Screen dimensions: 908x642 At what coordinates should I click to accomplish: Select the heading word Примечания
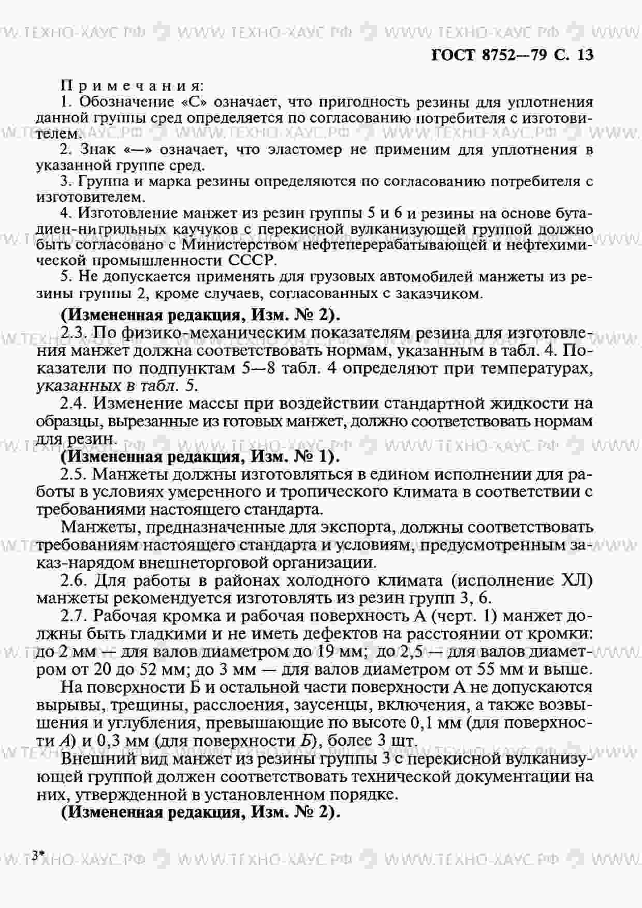pyautogui.click(x=132, y=85)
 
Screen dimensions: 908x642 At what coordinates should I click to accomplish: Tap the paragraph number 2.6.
pyautogui.click(x=72, y=580)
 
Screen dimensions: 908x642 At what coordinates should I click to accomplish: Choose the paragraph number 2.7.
pyautogui.click(x=72, y=616)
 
